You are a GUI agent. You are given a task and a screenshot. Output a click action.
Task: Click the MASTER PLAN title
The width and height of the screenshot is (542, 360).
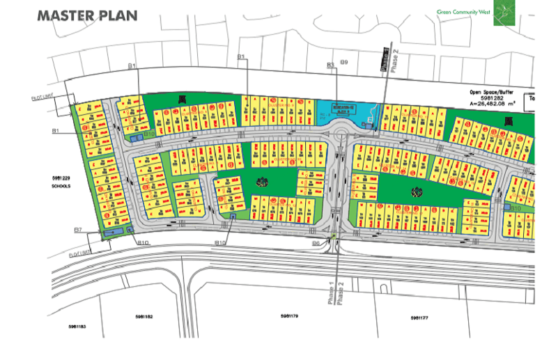87,15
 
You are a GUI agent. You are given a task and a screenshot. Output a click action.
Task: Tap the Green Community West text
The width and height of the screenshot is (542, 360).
463,12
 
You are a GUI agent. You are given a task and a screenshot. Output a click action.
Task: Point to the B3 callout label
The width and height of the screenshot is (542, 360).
332,65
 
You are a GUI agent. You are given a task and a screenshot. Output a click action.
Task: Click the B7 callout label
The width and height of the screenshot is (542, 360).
79,230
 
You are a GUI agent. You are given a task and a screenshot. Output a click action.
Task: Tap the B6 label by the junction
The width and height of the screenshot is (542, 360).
316,243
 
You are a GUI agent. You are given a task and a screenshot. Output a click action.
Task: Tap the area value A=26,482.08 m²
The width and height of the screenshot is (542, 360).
493,104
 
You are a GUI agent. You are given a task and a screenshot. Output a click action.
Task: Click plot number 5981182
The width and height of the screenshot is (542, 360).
144,317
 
